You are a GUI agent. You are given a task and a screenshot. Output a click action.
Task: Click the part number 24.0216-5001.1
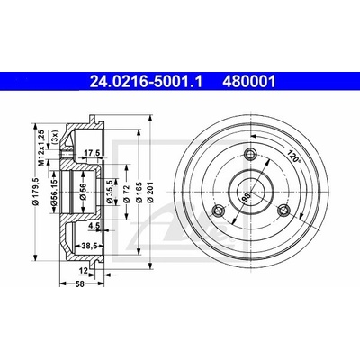pos(146,81)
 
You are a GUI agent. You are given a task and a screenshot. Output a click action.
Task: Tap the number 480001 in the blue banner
pos(248,81)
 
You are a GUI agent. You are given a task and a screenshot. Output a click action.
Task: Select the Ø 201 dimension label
pos(150,192)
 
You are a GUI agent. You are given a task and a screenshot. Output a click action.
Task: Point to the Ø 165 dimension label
pos(139,193)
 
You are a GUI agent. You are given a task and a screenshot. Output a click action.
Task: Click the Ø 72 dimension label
pos(126,194)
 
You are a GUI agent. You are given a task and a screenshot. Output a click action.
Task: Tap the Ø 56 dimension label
pos(83,192)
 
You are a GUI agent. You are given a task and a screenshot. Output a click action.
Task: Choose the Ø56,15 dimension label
pos(54,193)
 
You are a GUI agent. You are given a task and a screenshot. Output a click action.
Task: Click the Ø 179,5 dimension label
pos(36,192)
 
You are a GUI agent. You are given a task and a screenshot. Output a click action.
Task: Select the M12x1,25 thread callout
pos(42,148)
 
